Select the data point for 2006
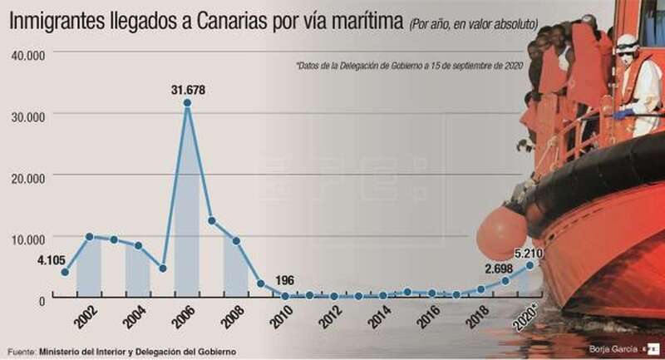tap(188, 103)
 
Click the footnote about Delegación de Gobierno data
tap(408, 66)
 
